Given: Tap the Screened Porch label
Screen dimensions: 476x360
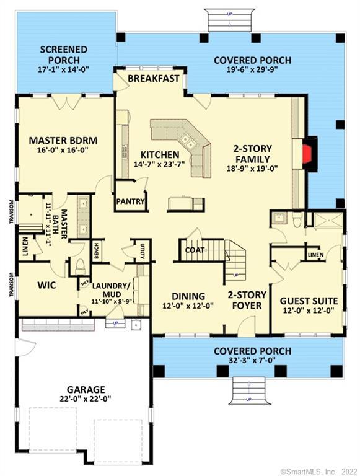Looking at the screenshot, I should coord(63,55).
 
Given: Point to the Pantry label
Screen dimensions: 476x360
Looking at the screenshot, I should coord(131,201).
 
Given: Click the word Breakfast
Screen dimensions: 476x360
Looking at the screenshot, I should coord(153,79).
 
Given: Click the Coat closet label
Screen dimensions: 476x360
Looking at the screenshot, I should coord(195,250).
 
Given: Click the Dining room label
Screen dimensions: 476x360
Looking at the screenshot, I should coord(188,296).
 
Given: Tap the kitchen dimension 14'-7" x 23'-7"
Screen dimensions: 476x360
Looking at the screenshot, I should coord(159,165).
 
